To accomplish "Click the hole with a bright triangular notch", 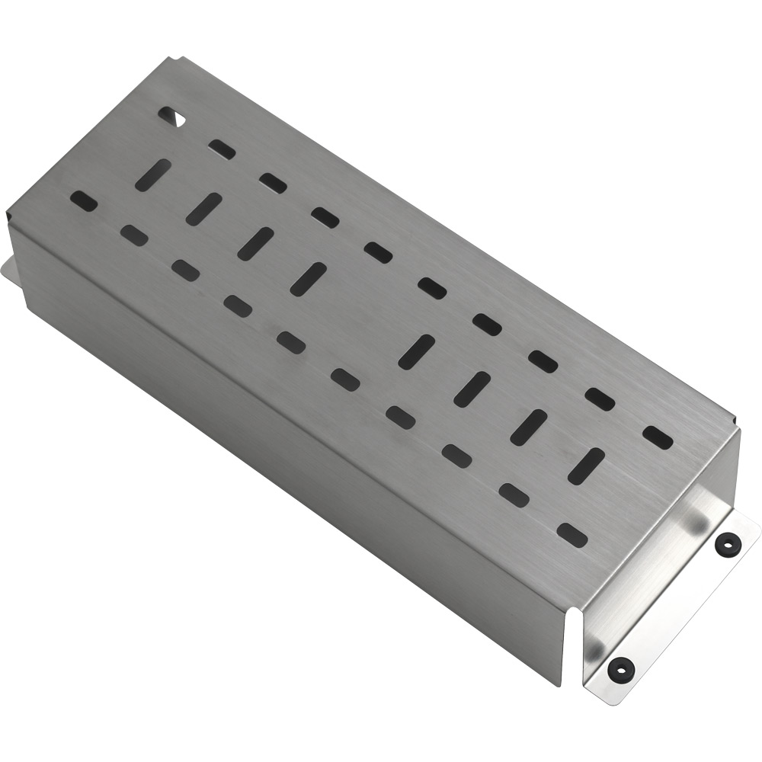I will click(171, 116).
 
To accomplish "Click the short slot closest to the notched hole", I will click(222, 149).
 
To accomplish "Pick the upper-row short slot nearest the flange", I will click(658, 437).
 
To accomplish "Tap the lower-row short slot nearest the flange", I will click(572, 536).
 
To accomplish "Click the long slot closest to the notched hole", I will click(152, 175).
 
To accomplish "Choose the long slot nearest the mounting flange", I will click(586, 466).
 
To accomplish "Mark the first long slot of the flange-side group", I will click(417, 352).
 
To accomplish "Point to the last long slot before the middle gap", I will click(308, 279).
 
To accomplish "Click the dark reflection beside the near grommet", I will click(593, 648).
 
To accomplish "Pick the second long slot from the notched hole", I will click(203, 209).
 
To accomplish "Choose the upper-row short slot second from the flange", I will click(601, 399).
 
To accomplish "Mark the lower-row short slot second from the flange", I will click(514, 495).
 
